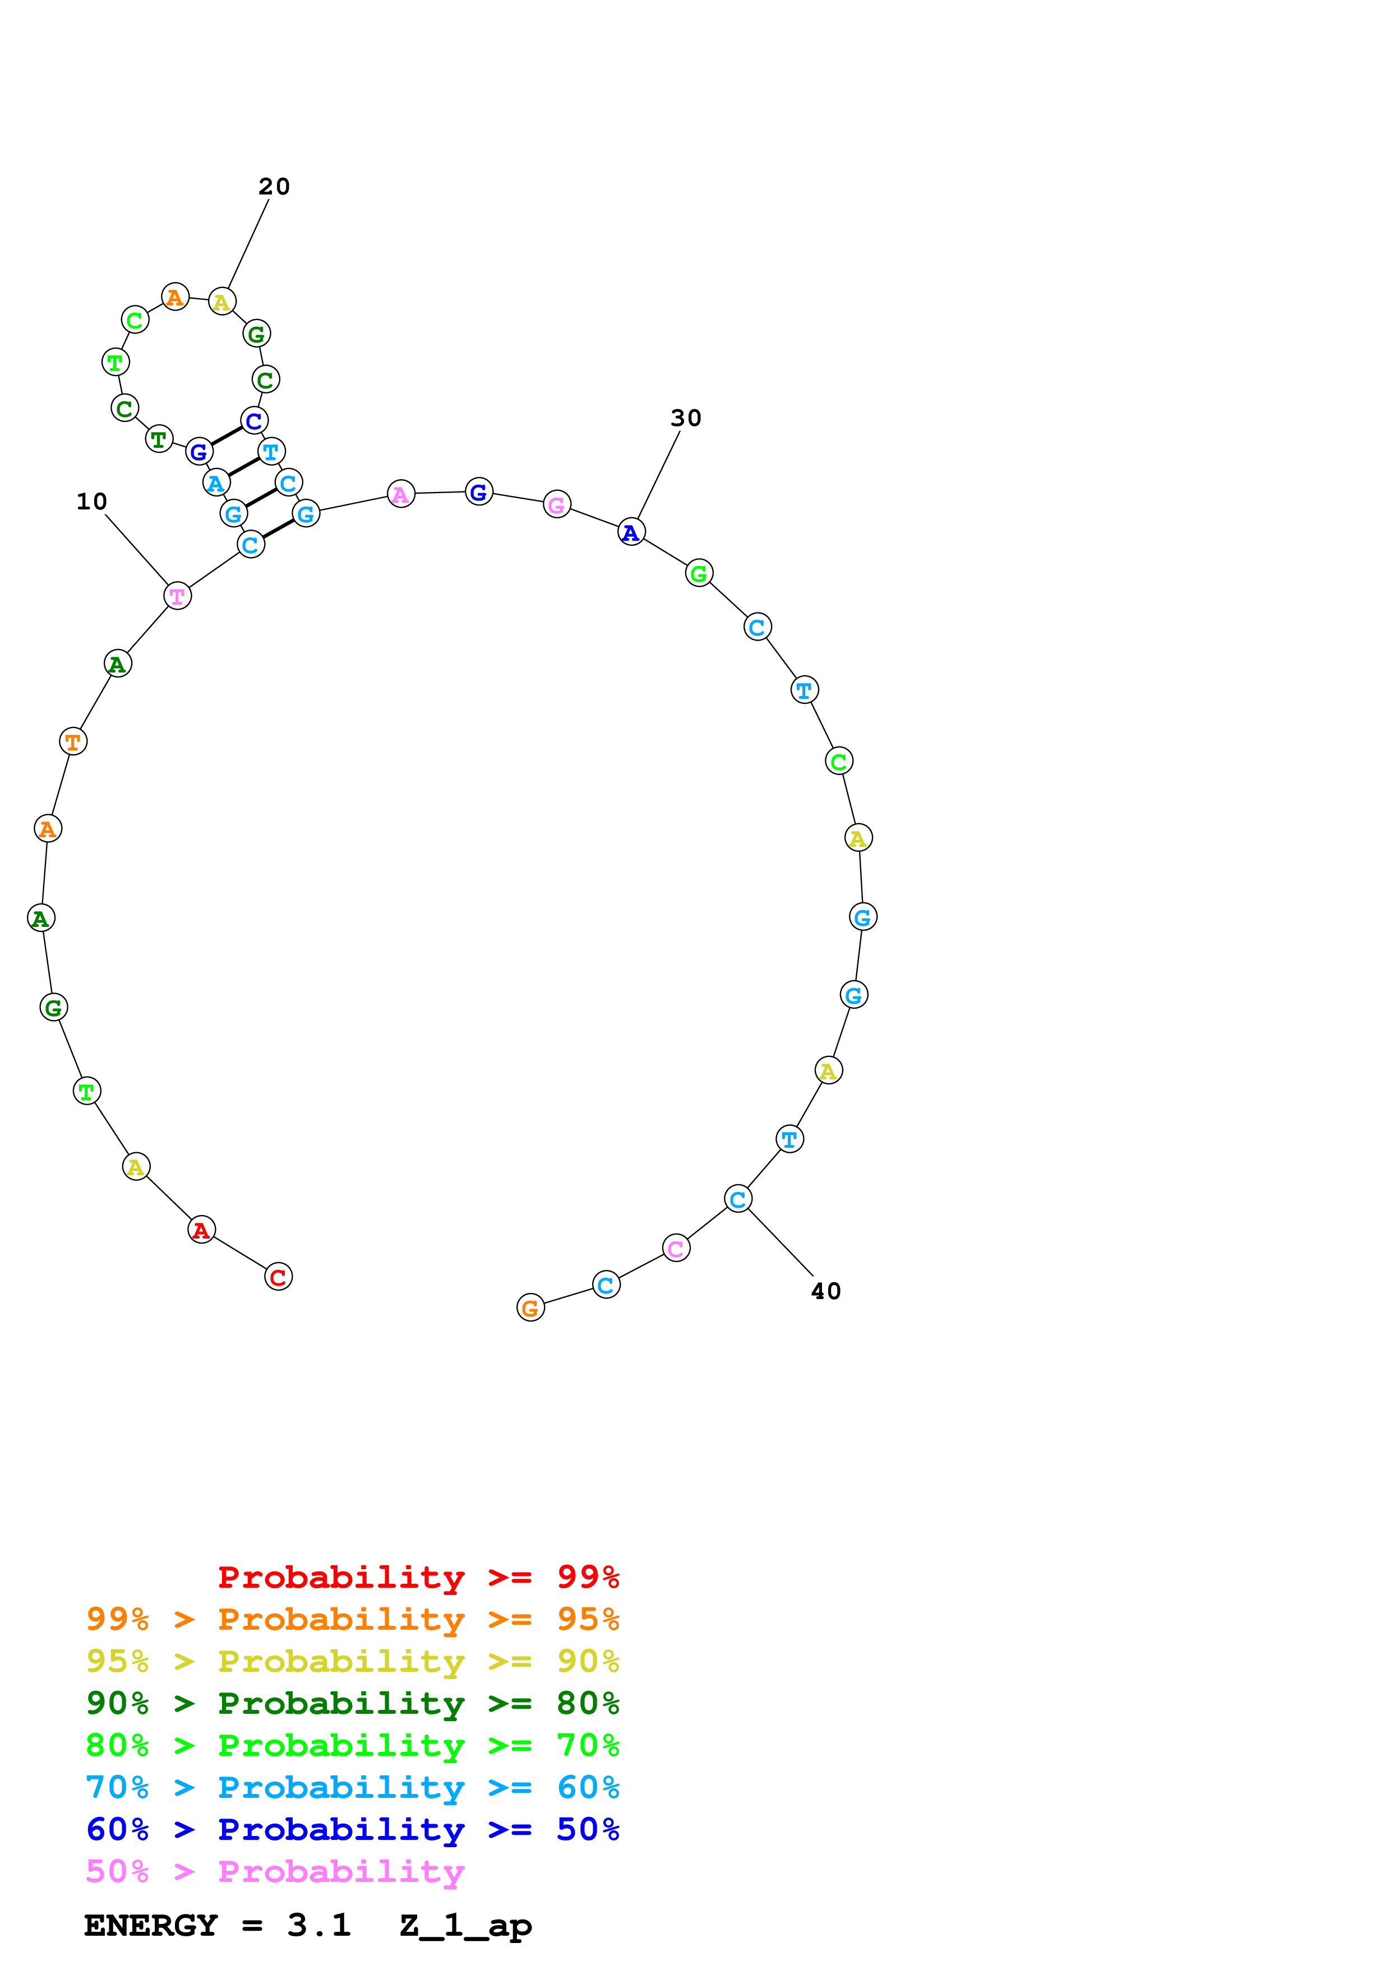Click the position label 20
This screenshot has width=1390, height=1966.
274,187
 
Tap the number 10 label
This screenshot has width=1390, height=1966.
91,502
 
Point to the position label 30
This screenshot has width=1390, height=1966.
685,418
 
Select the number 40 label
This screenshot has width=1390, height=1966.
825,1291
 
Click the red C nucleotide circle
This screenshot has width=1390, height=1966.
278,1277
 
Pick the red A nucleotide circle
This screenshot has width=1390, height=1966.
201,1230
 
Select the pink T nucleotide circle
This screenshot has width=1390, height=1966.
177,596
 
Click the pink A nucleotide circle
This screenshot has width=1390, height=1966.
401,494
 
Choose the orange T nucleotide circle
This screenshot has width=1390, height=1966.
73,741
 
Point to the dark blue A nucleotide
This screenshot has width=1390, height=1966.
631,532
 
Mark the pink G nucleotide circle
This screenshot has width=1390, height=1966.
557,505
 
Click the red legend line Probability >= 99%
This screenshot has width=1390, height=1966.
418,1577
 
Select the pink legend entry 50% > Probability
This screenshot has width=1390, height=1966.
274,1871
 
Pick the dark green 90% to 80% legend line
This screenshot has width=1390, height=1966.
352,1703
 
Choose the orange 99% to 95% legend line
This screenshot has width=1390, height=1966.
352,1619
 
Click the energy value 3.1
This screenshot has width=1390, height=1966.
318,1926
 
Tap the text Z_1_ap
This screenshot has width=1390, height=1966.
465,1926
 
